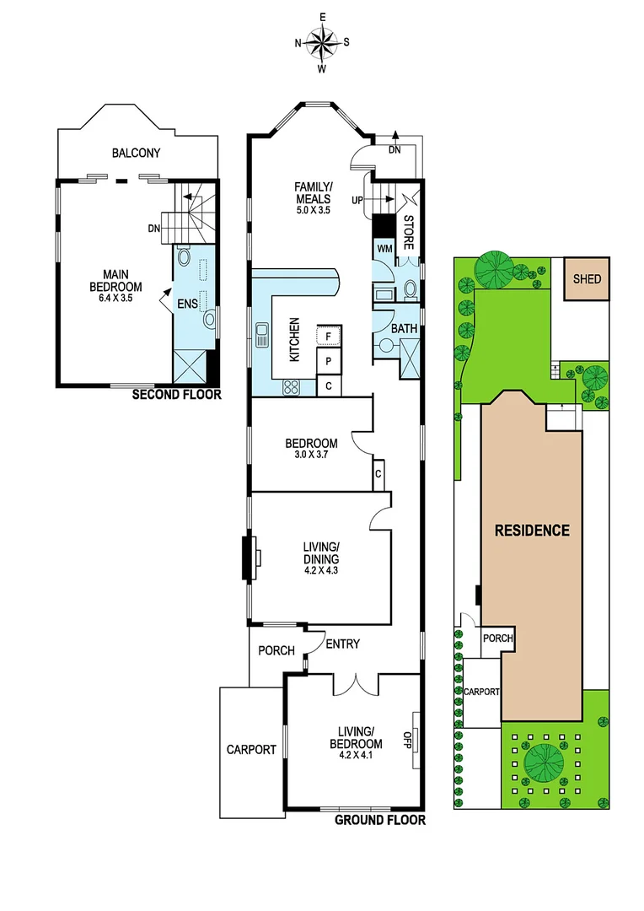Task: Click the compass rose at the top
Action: (x=321, y=41)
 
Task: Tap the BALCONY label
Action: (x=136, y=153)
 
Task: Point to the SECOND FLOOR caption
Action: (x=178, y=394)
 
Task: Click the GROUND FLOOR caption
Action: (x=379, y=820)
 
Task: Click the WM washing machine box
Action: (x=384, y=249)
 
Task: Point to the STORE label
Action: (x=409, y=234)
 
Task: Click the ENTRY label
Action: (x=342, y=644)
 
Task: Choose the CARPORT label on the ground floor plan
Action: (x=251, y=749)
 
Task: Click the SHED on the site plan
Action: (x=587, y=278)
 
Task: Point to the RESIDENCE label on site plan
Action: (x=531, y=531)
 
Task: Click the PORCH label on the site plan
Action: (x=497, y=639)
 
